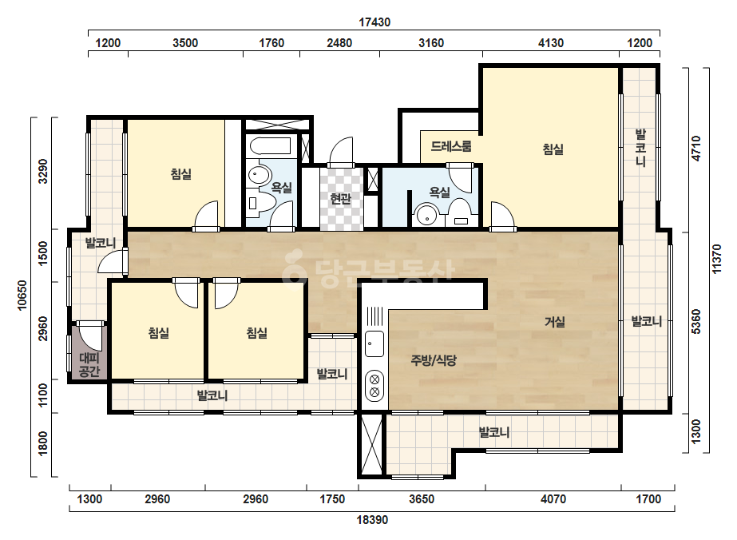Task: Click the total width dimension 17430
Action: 374,22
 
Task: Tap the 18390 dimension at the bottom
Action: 372,520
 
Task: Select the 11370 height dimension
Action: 716,258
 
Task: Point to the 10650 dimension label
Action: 22,296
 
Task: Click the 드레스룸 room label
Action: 451,146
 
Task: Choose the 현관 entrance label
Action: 341,199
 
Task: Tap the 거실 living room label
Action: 555,322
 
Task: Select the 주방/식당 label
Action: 434,360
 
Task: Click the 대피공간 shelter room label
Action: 89,365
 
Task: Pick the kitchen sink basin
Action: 374,343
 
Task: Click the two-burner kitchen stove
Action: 374,385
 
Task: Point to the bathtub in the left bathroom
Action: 270,145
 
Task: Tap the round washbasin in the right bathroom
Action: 426,216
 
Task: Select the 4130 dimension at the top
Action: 550,43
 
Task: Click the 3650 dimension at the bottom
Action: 422,498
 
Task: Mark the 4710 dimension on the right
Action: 696,148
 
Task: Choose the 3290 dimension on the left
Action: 43,171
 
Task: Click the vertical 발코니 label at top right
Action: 640,148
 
